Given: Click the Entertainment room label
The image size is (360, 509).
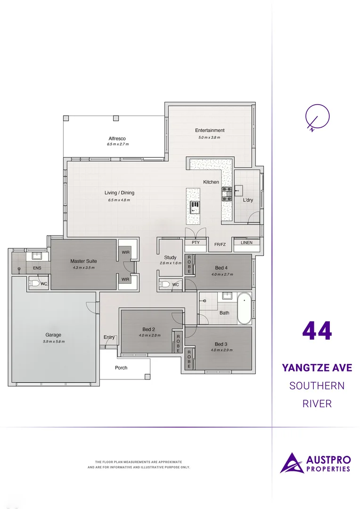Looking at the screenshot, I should click(x=210, y=131).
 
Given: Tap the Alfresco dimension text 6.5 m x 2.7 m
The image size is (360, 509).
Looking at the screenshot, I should click(x=117, y=144).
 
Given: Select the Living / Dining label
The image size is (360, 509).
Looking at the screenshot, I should click(x=119, y=193).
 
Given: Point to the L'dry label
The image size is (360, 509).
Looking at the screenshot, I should click(x=248, y=200).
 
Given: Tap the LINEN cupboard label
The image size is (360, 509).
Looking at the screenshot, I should click(x=246, y=243).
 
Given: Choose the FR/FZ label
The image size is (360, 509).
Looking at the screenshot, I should click(x=220, y=245).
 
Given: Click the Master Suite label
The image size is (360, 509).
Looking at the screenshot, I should click(x=83, y=261).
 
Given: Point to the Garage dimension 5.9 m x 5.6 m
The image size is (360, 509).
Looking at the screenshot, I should click(x=53, y=342).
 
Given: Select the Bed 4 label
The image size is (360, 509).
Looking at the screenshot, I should click(x=221, y=268).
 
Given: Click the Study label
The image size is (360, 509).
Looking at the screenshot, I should click(x=170, y=258).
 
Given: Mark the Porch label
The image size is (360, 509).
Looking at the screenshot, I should click(x=121, y=368).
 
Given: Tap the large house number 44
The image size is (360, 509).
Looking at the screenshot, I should click(x=317, y=331).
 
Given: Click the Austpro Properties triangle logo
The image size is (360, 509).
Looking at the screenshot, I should click(x=292, y=463).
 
